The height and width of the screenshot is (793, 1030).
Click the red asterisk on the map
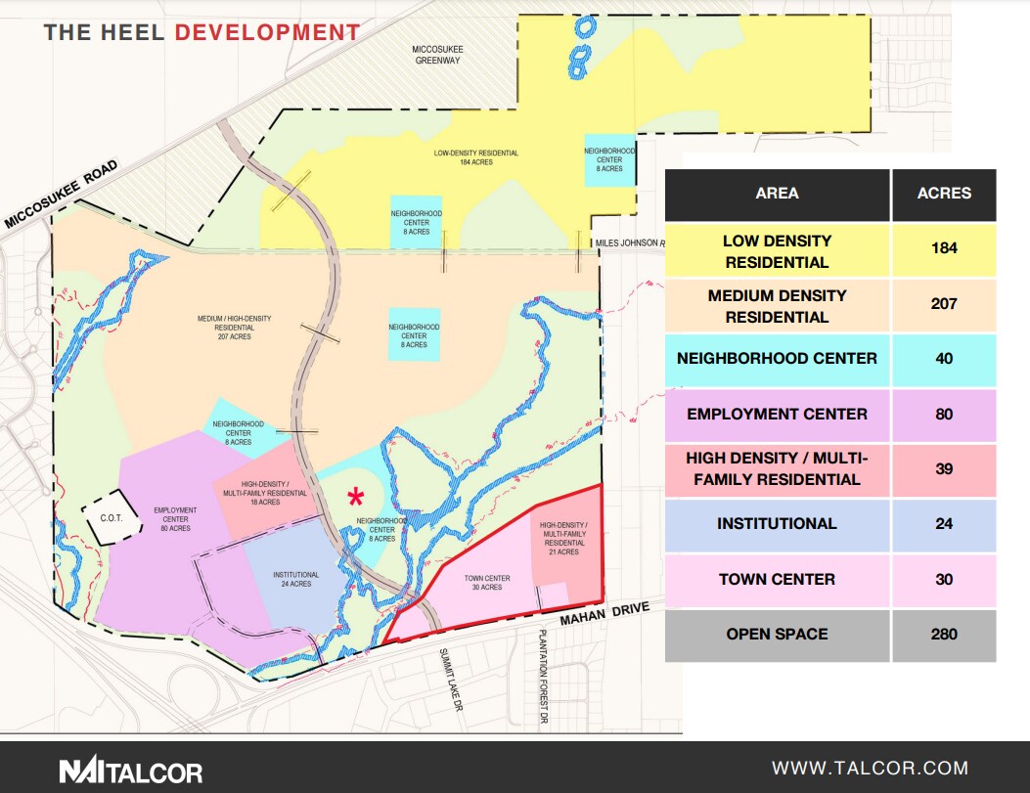point(355,497)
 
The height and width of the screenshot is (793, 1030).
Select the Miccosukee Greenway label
point(436,54)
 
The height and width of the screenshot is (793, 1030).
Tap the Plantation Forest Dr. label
point(541,678)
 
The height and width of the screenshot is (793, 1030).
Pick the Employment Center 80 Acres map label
point(175,519)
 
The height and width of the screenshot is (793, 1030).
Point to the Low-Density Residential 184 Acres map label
point(476,157)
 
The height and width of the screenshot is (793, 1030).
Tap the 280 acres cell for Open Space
point(943,635)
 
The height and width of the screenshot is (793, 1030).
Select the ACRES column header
point(943,194)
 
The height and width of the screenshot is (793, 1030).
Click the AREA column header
point(777,194)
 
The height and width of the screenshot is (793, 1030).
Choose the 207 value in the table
point(943,305)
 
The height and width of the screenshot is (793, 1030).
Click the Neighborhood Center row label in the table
point(777,358)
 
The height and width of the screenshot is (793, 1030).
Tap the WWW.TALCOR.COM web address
point(870,769)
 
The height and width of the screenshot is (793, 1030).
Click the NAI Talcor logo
point(130,771)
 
